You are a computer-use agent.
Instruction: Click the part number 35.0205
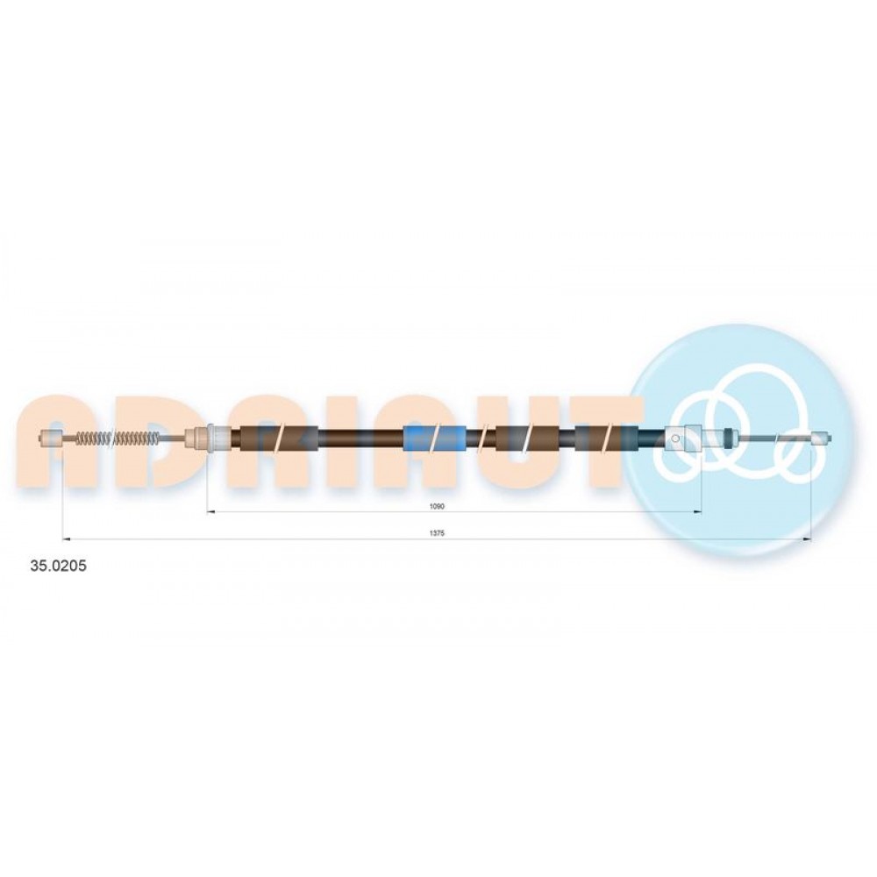58,566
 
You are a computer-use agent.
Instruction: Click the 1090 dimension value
436,506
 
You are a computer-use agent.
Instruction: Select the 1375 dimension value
436,533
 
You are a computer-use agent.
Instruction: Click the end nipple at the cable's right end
820,438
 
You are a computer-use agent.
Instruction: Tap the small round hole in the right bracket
675,438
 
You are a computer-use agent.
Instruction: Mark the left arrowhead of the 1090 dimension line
211,512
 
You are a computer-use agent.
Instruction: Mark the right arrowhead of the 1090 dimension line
697,512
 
